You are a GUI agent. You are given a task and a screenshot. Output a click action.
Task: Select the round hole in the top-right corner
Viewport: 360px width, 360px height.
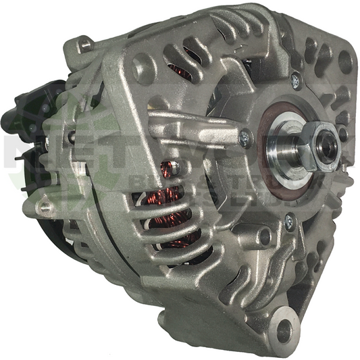(x=345, y=62)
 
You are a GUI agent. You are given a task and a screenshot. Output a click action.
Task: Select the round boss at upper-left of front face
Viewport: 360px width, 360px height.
(x=143, y=68)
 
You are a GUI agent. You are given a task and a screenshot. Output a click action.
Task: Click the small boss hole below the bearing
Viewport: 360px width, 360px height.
(x=264, y=236)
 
